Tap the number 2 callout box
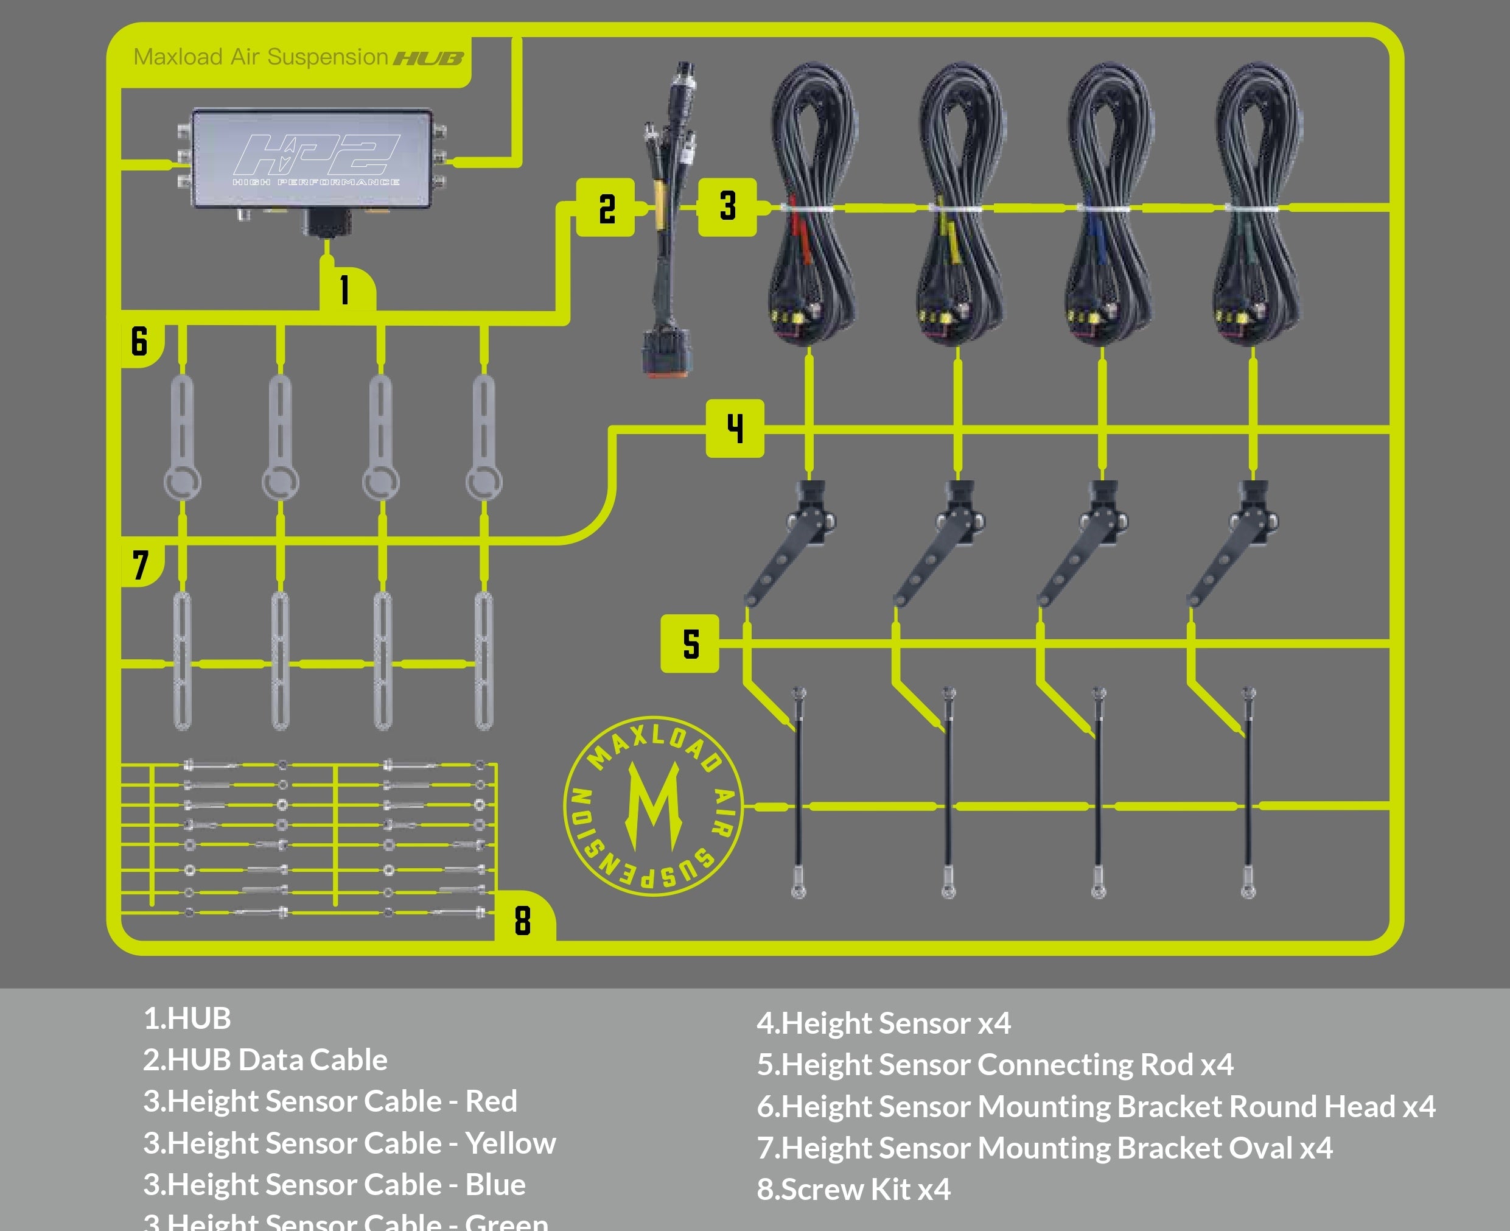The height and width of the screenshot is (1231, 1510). click(x=606, y=208)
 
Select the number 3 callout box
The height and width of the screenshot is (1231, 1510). click(x=727, y=207)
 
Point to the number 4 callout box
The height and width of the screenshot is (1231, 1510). click(x=735, y=429)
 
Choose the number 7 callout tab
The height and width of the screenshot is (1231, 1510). click(x=141, y=565)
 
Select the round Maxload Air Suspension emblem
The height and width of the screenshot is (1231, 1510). click(x=653, y=806)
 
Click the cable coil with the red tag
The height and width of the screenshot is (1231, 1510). click(x=813, y=206)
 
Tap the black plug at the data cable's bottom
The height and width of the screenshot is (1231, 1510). click(x=665, y=352)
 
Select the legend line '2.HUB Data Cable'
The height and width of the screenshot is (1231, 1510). click(x=265, y=1060)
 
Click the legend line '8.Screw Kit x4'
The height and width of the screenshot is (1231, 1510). click(x=853, y=1189)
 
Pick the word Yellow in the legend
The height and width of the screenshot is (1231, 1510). click(x=511, y=1143)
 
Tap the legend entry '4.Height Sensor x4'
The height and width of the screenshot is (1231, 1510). click(x=883, y=1023)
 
